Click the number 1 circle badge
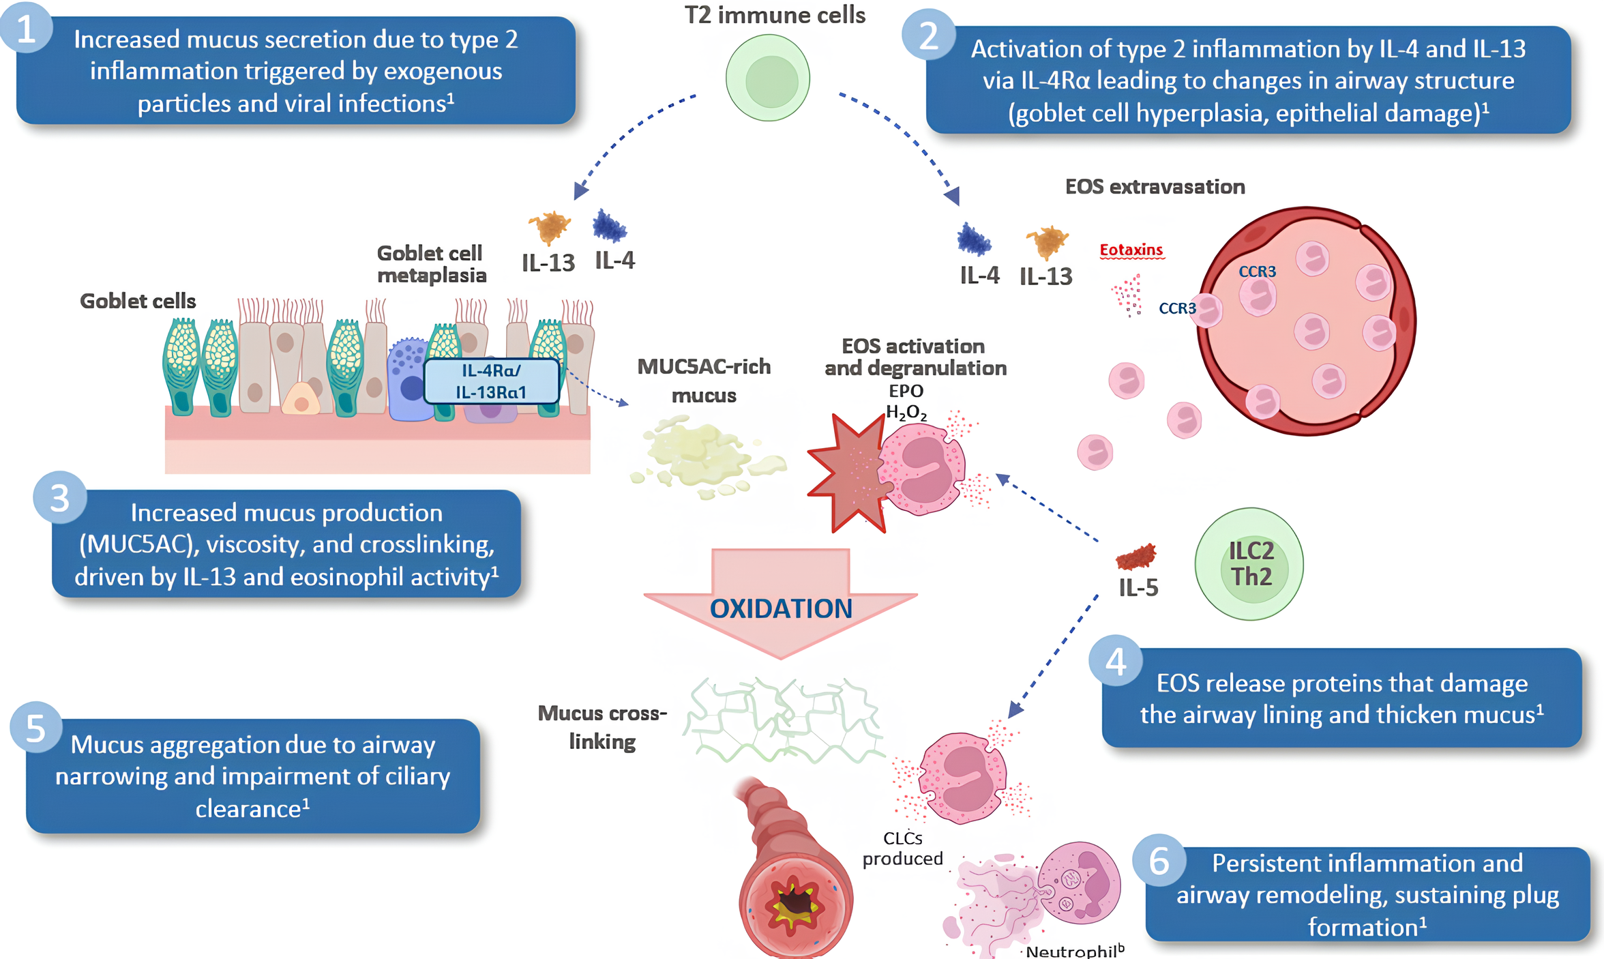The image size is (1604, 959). click(26, 29)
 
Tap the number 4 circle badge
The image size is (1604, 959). click(1116, 661)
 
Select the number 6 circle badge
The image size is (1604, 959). click(1159, 861)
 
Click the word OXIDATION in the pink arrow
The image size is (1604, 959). click(781, 608)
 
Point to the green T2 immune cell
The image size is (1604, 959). click(768, 78)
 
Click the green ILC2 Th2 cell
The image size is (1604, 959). click(1249, 564)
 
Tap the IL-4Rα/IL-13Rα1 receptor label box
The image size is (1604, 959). click(491, 381)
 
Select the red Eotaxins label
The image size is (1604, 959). click(1131, 250)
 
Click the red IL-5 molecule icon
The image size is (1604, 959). click(1136, 557)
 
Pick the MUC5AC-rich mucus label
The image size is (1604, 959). click(704, 381)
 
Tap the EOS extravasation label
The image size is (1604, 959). click(1155, 186)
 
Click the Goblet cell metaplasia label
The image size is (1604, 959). click(431, 264)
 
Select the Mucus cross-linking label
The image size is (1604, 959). click(602, 727)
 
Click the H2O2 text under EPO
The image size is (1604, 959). click(906, 412)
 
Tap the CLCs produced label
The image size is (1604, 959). click(902, 848)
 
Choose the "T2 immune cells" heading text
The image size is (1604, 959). click(775, 15)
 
